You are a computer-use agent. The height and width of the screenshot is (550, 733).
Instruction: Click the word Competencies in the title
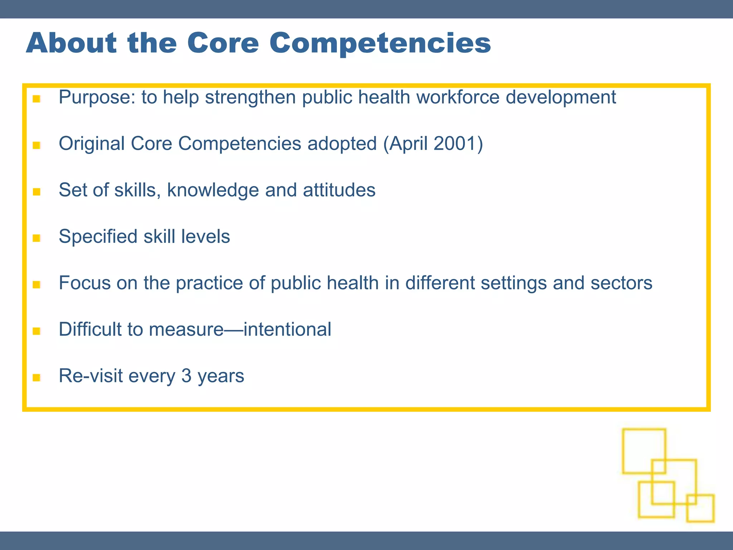click(380, 44)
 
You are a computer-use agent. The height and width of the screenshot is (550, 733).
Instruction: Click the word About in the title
click(71, 43)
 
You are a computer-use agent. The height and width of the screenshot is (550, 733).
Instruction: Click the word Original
click(91, 144)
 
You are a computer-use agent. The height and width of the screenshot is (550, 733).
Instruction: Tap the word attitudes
click(339, 190)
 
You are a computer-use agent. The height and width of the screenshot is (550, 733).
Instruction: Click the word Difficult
click(90, 329)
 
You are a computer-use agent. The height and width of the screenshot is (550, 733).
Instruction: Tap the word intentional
click(287, 329)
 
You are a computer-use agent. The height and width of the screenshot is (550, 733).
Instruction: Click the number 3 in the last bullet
click(186, 376)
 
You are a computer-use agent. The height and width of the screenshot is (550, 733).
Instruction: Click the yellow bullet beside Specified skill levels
click(36, 238)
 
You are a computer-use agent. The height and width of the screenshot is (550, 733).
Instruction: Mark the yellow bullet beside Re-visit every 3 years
click(36, 377)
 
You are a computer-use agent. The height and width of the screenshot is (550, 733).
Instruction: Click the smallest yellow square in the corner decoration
click(700, 508)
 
